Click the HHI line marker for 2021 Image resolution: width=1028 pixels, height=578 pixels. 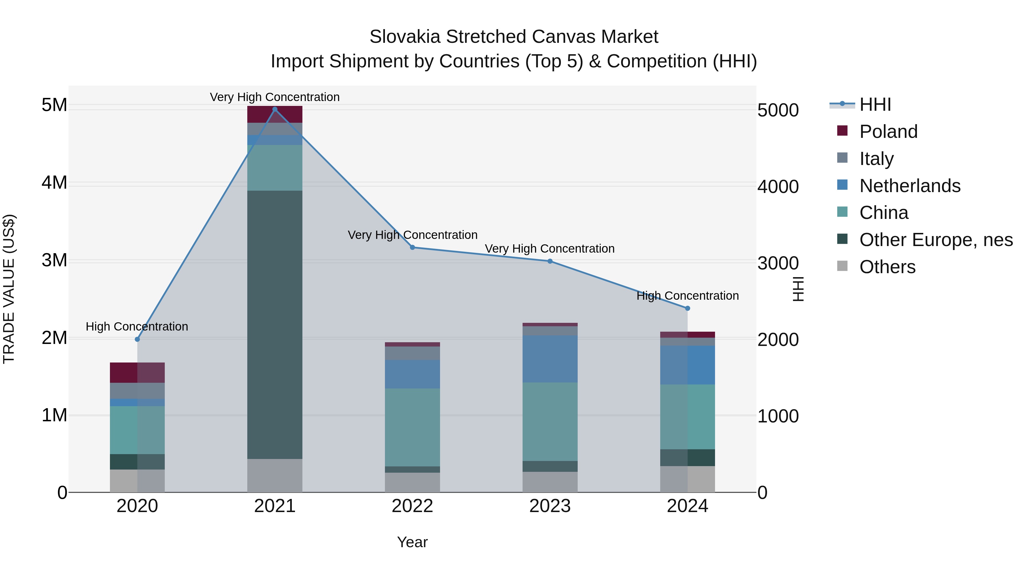pyautogui.click(x=274, y=109)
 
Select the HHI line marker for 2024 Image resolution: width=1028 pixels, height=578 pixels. pyautogui.click(x=687, y=308)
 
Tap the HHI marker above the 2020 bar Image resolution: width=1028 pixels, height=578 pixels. pyautogui.click(x=137, y=339)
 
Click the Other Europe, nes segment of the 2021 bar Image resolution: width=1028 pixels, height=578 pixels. pyautogui.click(x=274, y=325)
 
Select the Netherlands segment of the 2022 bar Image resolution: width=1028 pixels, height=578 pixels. pyautogui.click(x=412, y=374)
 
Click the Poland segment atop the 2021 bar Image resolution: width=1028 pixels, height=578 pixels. pyautogui.click(x=274, y=114)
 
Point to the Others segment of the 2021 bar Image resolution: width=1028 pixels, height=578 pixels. pyautogui.click(x=274, y=476)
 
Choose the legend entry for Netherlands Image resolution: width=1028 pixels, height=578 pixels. pyautogui.click(x=909, y=186)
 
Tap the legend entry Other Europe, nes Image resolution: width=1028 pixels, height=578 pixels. pyautogui.click(x=935, y=240)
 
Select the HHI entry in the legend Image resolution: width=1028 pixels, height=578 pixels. pyautogui.click(x=875, y=104)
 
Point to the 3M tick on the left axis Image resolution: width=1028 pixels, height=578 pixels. pyautogui.click(x=54, y=261)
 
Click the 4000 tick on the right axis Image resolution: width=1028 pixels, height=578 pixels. pyautogui.click(x=778, y=187)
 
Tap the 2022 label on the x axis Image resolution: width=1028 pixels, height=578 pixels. pyautogui.click(x=412, y=506)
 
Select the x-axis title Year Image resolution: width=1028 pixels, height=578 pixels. pyautogui.click(x=412, y=542)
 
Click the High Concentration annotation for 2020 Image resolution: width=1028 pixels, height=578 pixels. pyautogui.click(x=137, y=327)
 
